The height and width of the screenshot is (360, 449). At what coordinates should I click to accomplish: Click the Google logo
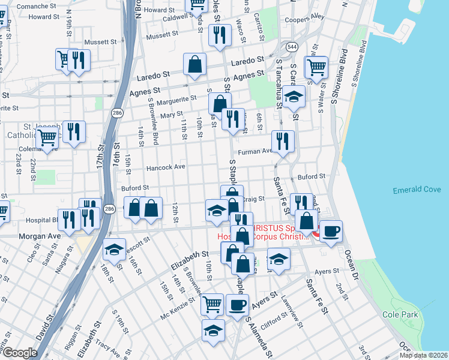pyautogui.click(x=20, y=353)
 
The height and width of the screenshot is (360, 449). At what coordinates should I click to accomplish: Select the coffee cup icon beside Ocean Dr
pyautogui.click(x=330, y=232)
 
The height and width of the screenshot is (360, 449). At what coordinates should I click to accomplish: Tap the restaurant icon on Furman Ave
pyautogui.click(x=283, y=142)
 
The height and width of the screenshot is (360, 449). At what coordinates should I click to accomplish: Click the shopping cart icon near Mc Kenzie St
pyautogui.click(x=212, y=304)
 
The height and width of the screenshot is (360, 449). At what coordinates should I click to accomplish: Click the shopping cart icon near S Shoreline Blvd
pyautogui.click(x=316, y=68)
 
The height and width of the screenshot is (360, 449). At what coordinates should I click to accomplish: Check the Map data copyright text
pyautogui.click(x=423, y=355)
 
